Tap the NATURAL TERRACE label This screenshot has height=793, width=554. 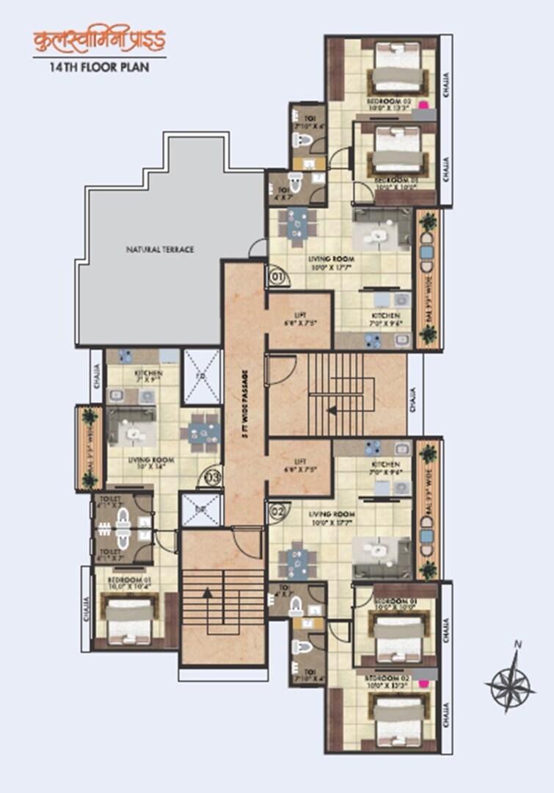click(159, 250)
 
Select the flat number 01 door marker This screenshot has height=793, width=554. click(277, 278)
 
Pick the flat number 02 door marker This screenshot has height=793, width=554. click(277, 510)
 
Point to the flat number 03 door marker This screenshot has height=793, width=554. click(212, 477)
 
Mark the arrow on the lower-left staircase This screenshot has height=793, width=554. click(208, 590)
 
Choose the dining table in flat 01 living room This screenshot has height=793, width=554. click(298, 227)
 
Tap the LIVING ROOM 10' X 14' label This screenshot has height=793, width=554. click(139, 464)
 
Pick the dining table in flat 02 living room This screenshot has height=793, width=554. click(298, 560)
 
